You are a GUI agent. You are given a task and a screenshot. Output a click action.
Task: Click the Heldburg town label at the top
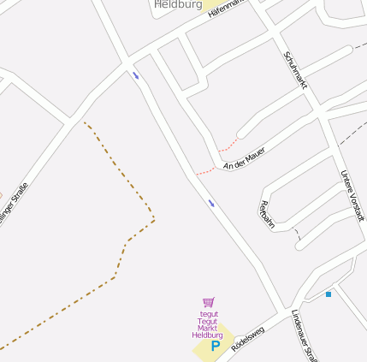[x=178, y=5]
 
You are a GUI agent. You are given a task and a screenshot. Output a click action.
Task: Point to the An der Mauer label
[x=244, y=158]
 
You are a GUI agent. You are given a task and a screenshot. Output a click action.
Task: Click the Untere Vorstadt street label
[x=352, y=196]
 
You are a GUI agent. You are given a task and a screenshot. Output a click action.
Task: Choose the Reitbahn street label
[x=266, y=215]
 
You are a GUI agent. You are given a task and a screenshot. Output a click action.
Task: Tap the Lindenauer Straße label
[x=305, y=336]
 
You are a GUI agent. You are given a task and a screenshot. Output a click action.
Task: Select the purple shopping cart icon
[x=209, y=302]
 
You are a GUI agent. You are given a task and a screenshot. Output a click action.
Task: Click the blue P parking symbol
[x=216, y=347]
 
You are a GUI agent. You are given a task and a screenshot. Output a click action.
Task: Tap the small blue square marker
[x=328, y=294]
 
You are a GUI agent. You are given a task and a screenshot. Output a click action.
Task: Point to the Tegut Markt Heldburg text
[x=208, y=323]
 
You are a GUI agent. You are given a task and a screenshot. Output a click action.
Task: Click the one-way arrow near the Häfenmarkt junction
[x=135, y=75]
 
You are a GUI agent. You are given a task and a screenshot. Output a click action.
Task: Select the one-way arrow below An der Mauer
[x=211, y=203]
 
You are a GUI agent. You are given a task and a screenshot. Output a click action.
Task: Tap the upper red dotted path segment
[x=228, y=145]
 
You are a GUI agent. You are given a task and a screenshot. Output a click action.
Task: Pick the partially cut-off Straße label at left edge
[x=12, y=205]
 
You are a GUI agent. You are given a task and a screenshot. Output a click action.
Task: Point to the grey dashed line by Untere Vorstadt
[x=351, y=133]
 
